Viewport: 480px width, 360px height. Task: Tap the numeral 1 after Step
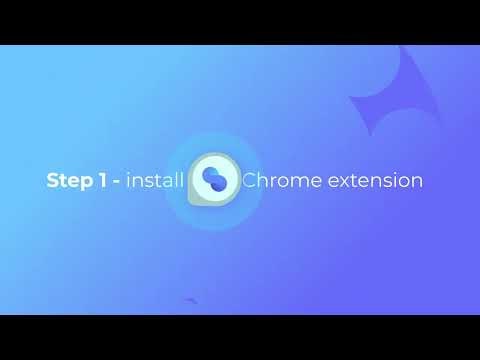102,181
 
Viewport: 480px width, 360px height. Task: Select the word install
154,181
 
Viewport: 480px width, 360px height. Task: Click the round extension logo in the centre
214,180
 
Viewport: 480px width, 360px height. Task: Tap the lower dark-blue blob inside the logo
218,187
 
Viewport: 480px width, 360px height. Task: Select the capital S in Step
52,181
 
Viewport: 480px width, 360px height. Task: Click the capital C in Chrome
250,181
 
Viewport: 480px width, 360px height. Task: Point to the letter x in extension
344,183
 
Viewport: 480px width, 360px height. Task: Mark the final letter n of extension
417,183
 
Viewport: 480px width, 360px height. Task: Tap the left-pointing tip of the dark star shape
350,98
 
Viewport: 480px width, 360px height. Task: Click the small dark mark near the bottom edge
191,300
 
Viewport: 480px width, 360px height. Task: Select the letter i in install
129,181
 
